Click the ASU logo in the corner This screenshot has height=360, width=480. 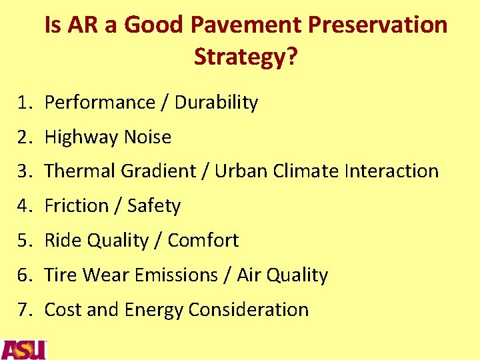23,349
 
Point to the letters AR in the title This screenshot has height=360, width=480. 83,25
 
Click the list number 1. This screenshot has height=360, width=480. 25,103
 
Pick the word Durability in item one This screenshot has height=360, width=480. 216,103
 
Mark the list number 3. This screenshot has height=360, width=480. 25,171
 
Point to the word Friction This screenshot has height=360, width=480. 75,206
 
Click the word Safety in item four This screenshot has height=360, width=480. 155,206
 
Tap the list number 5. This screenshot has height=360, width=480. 25,241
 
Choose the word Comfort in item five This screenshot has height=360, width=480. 203,241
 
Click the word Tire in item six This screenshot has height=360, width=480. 61,275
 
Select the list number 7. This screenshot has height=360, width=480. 25,310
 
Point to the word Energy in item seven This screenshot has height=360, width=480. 156,311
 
